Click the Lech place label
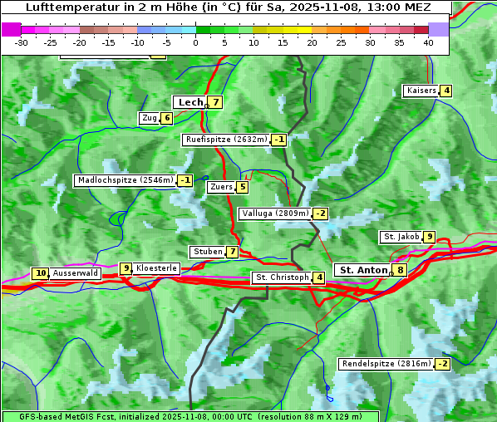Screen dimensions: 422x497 [x=189, y=102]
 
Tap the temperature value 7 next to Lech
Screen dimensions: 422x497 [x=215, y=102]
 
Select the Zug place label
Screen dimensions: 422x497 [x=149, y=118]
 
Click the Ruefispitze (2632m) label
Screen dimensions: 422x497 [x=226, y=140]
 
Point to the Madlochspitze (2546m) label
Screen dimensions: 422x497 [x=125, y=180]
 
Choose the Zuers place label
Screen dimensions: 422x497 [x=221, y=187]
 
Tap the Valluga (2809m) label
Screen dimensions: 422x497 [x=275, y=213]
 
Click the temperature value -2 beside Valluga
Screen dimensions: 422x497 [x=321, y=213]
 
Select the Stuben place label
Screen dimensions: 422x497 [x=207, y=252]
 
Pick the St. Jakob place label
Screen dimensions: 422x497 [x=401, y=237]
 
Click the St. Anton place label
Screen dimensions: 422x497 [x=363, y=270]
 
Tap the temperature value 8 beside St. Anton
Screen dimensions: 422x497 [x=401, y=270]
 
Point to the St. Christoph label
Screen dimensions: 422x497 [x=282, y=277]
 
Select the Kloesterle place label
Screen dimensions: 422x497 [x=156, y=268]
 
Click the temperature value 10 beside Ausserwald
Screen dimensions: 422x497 [x=40, y=273]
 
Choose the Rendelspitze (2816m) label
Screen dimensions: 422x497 [x=386, y=364]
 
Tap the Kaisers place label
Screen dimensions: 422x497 [x=421, y=91]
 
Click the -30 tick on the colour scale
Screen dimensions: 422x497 [x=22, y=42]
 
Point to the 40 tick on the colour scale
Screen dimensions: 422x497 [x=428, y=42]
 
